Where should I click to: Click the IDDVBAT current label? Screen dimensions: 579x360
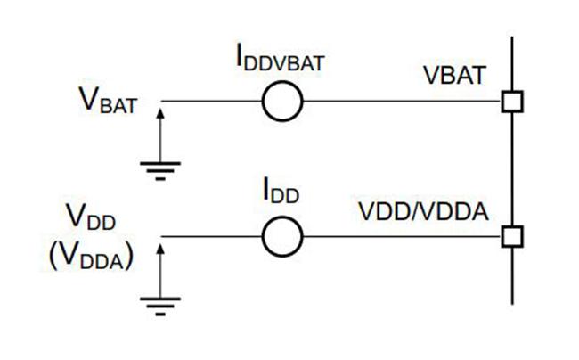tap(281, 59)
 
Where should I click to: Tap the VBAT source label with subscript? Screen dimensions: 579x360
tap(108, 100)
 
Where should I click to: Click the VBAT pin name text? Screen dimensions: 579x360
tap(454, 76)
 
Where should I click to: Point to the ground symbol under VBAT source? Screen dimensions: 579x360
tap(160, 171)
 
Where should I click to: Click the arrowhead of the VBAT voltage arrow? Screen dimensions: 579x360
tap(160, 113)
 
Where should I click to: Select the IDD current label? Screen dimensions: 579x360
tap(281, 191)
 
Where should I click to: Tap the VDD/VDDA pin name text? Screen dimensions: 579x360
tap(423, 212)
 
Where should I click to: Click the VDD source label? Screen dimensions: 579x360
tap(91, 217)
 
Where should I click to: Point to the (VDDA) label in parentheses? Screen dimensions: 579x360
tap(91, 257)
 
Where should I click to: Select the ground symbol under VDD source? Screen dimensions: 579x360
tap(160, 307)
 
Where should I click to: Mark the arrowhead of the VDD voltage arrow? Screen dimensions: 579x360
tap(160, 249)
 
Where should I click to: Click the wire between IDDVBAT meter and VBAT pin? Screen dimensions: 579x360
tap(402, 102)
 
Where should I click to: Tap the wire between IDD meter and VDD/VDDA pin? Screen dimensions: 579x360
tap(402, 237)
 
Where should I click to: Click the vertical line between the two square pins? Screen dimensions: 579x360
tap(512, 169)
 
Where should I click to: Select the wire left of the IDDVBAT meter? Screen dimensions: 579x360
tap(212, 102)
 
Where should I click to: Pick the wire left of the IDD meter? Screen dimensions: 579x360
tap(212, 237)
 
